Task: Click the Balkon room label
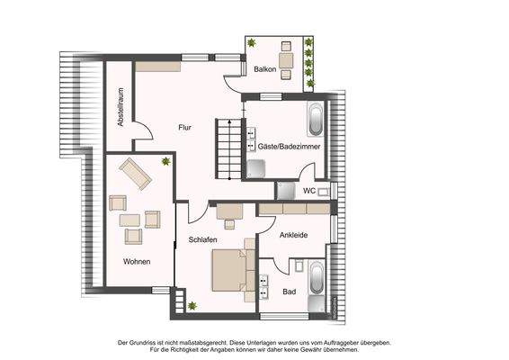[x=264, y=69]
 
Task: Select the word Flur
[x=185, y=127]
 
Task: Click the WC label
[x=308, y=191]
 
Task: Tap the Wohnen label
[x=137, y=261]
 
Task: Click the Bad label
[x=290, y=292]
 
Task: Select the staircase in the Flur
[x=228, y=148]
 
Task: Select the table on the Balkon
[x=288, y=59]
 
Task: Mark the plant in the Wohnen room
[x=166, y=161]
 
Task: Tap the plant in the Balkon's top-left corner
[x=254, y=43]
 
